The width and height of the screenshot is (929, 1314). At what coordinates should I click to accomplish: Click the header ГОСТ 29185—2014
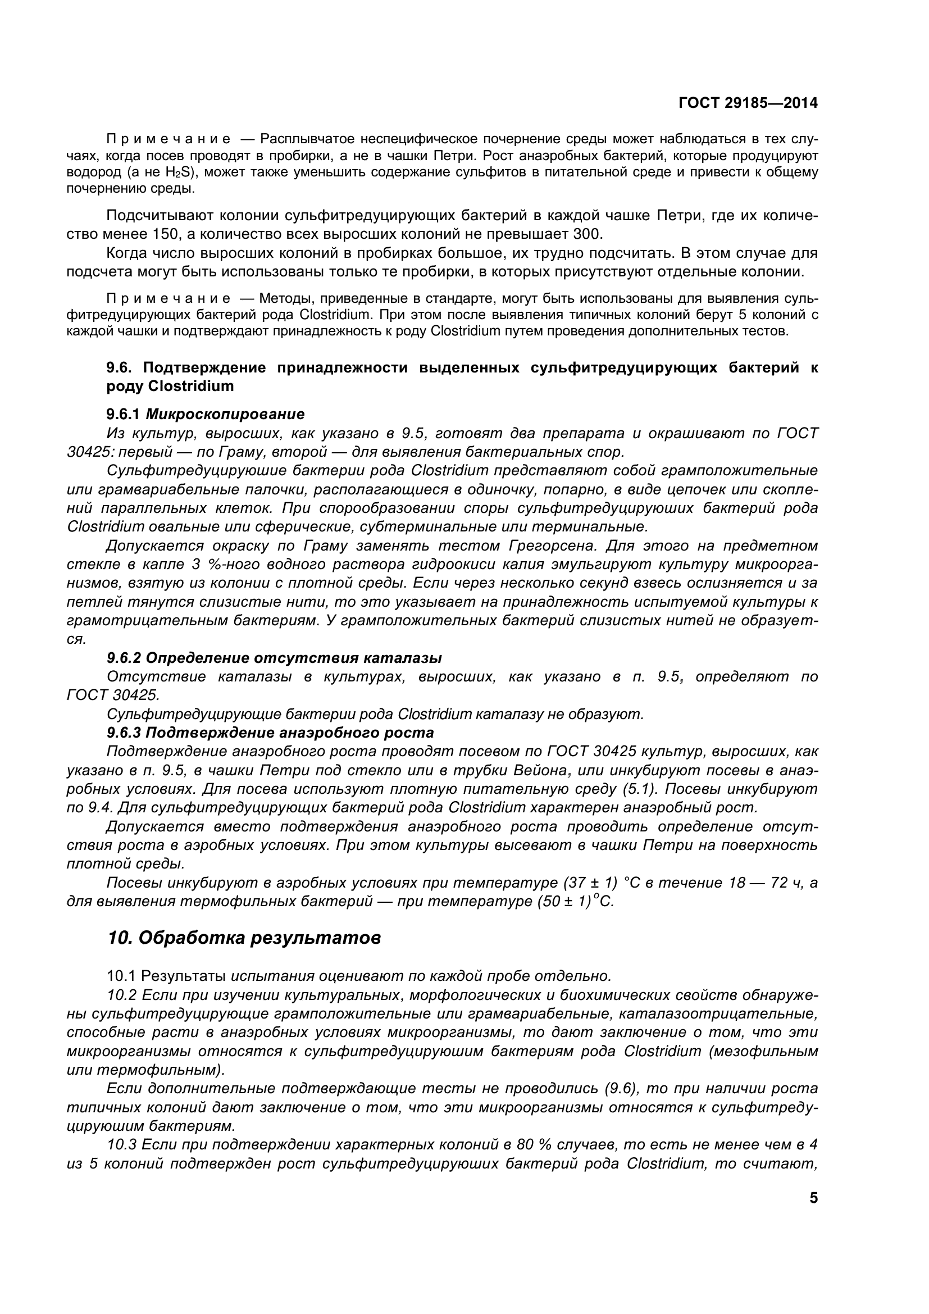coord(748,103)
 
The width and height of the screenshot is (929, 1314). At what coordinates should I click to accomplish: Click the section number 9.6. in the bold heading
coord(120,367)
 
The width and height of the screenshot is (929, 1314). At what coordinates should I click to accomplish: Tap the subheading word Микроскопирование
coord(225,414)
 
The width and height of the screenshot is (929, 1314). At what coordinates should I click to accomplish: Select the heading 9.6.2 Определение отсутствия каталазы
coord(274,658)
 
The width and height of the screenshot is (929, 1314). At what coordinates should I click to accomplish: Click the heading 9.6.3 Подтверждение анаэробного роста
coord(270,733)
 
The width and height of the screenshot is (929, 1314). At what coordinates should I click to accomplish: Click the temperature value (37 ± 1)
coord(590,883)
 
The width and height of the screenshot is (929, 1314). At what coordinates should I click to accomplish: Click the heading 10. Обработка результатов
coord(244,938)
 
